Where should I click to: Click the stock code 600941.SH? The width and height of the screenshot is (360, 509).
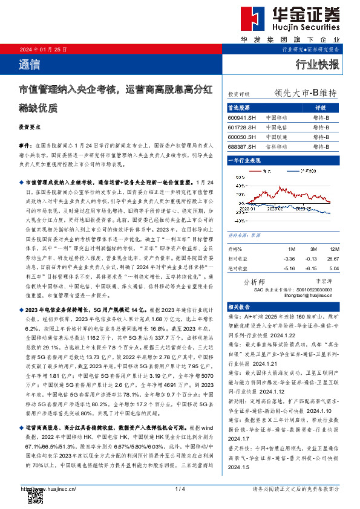click(x=242, y=117)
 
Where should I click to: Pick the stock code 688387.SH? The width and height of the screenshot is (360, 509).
click(x=242, y=146)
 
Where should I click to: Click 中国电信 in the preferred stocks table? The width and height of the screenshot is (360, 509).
click(x=277, y=127)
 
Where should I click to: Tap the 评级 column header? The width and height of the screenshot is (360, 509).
click(x=321, y=108)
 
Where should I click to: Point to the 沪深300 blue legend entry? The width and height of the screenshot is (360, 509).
click(x=304, y=172)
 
